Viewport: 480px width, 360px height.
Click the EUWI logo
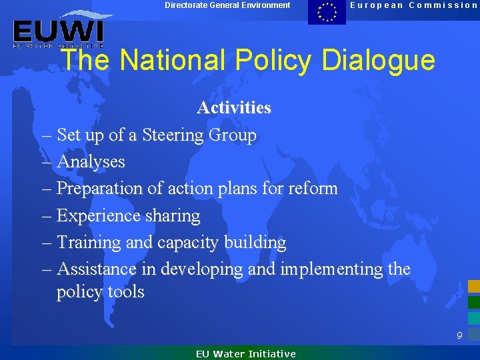[x=58, y=31]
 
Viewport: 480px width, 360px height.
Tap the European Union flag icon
[x=327, y=12]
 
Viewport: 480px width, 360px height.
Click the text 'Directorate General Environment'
[x=227, y=5]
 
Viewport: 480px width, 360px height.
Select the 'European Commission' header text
[x=414, y=5]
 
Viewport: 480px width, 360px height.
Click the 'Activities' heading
[x=233, y=107]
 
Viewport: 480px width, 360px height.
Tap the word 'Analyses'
[x=91, y=162]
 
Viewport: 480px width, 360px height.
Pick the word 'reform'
[x=313, y=189]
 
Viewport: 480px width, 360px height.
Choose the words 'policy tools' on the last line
[x=100, y=292]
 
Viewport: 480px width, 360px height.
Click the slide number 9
[x=459, y=336]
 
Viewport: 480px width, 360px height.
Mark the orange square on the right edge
[x=473, y=287]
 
